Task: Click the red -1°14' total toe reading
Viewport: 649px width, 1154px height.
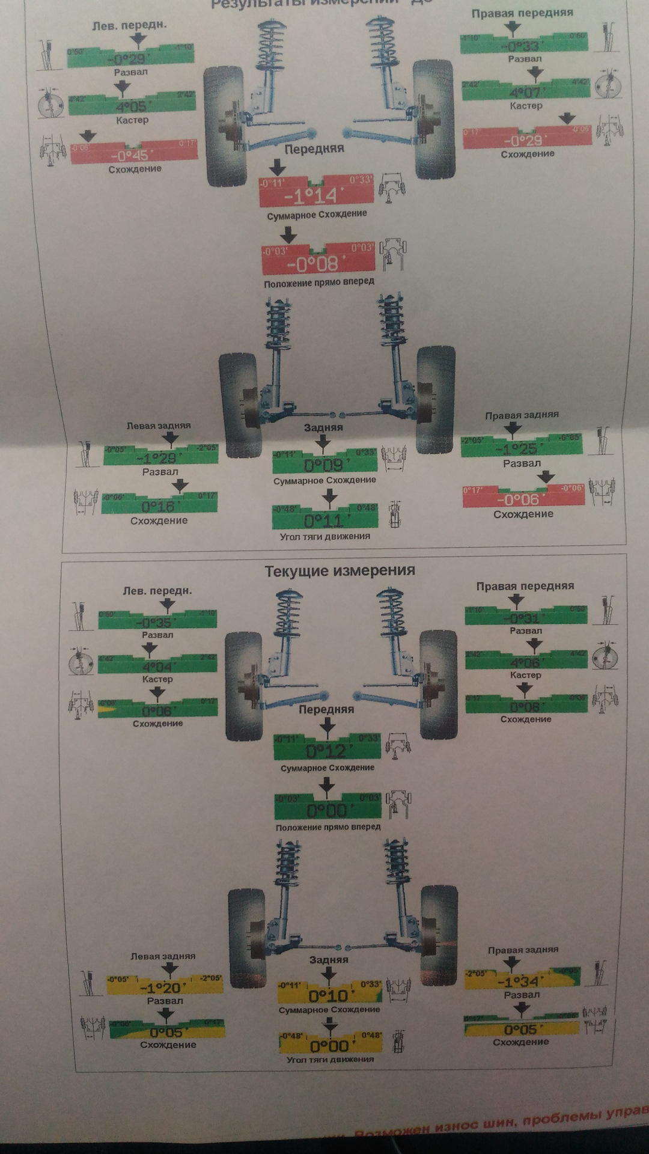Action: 311,196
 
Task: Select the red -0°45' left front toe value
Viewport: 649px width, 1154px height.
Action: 130,155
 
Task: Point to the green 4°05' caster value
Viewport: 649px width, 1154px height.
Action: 131,107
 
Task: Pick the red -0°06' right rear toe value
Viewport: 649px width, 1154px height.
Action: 517,499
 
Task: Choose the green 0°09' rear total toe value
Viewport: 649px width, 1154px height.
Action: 323,465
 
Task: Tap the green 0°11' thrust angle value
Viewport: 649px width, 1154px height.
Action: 323,521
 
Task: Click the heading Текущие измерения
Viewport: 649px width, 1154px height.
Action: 340,570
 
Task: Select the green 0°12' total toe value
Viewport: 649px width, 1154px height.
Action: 326,751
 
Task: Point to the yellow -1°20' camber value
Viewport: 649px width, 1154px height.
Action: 163,988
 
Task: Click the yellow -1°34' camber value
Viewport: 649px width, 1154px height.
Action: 521,981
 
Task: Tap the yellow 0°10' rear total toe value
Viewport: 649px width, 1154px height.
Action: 328,996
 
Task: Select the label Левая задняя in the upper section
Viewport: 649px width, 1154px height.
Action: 159,426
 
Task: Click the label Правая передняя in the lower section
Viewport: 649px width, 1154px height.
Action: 525,586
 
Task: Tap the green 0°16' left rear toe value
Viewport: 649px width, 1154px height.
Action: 157,506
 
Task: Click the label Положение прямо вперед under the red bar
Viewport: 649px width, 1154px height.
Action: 319,282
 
